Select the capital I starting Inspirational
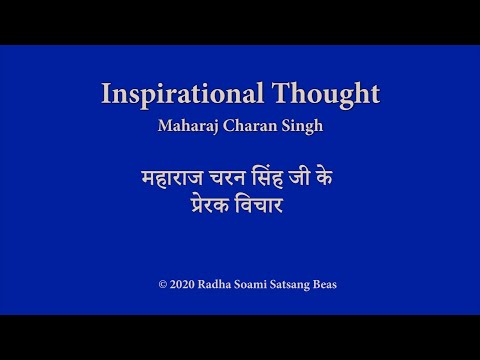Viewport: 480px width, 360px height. (106, 95)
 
